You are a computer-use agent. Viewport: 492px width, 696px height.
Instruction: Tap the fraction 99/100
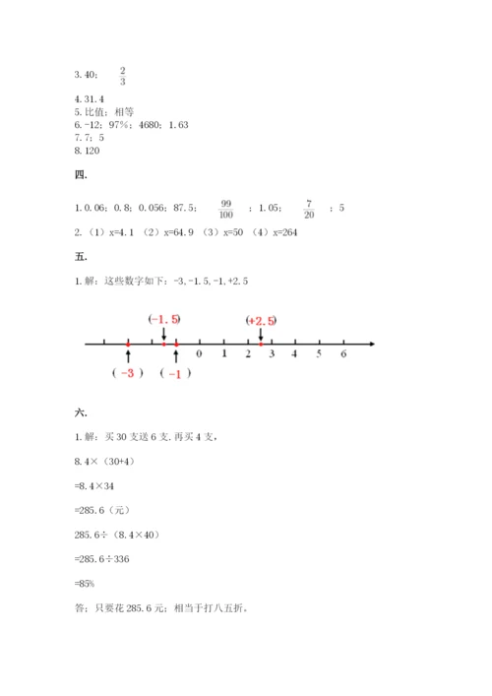[x=226, y=208]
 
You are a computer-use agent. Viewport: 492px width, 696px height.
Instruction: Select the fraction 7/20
[x=308, y=208]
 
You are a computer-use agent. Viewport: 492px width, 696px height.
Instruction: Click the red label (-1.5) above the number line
[x=164, y=318]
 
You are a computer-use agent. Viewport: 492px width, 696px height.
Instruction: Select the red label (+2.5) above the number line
[x=261, y=319]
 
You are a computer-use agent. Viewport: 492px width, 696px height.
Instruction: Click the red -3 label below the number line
[x=129, y=373]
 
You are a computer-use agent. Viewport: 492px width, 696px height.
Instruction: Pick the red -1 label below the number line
[x=175, y=373]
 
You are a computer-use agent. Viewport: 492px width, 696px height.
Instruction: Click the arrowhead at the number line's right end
[x=372, y=343]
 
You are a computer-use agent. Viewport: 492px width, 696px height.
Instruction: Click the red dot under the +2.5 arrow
[x=260, y=343]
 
